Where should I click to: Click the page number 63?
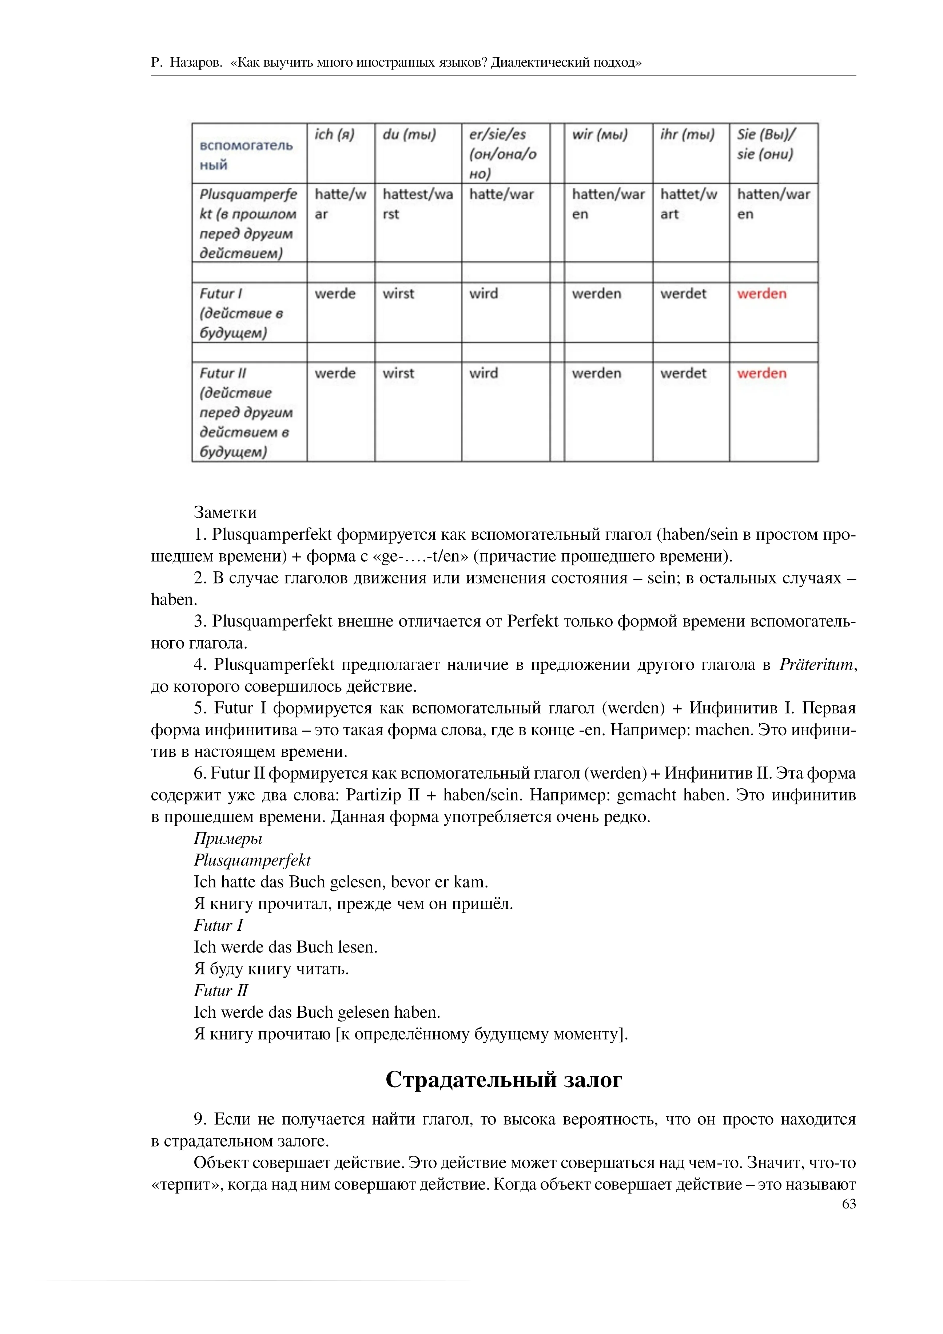pos(848,1204)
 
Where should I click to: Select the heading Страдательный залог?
pos(504,1080)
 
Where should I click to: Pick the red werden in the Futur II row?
pos(761,373)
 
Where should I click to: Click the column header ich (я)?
pos(334,135)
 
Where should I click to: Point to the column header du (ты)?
pos(409,135)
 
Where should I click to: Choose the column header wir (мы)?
pos(599,135)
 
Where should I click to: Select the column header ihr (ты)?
pos(687,135)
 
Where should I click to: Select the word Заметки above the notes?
pos(225,512)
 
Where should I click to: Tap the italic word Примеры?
pos(228,838)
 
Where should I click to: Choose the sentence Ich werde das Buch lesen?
pos(285,947)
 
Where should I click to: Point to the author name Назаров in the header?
pos(196,63)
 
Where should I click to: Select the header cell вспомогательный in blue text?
pos(246,155)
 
